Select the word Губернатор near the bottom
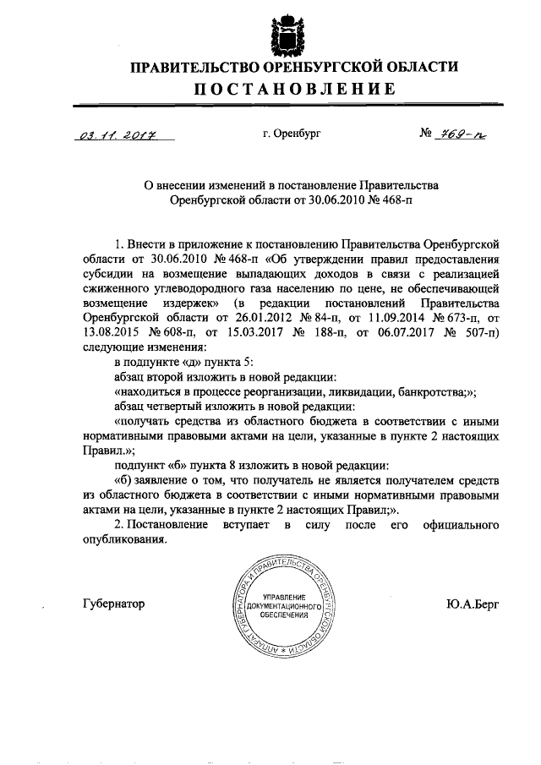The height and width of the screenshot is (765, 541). (x=114, y=604)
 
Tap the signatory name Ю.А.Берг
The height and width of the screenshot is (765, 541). (x=474, y=604)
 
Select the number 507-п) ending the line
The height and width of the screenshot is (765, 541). (x=479, y=331)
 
